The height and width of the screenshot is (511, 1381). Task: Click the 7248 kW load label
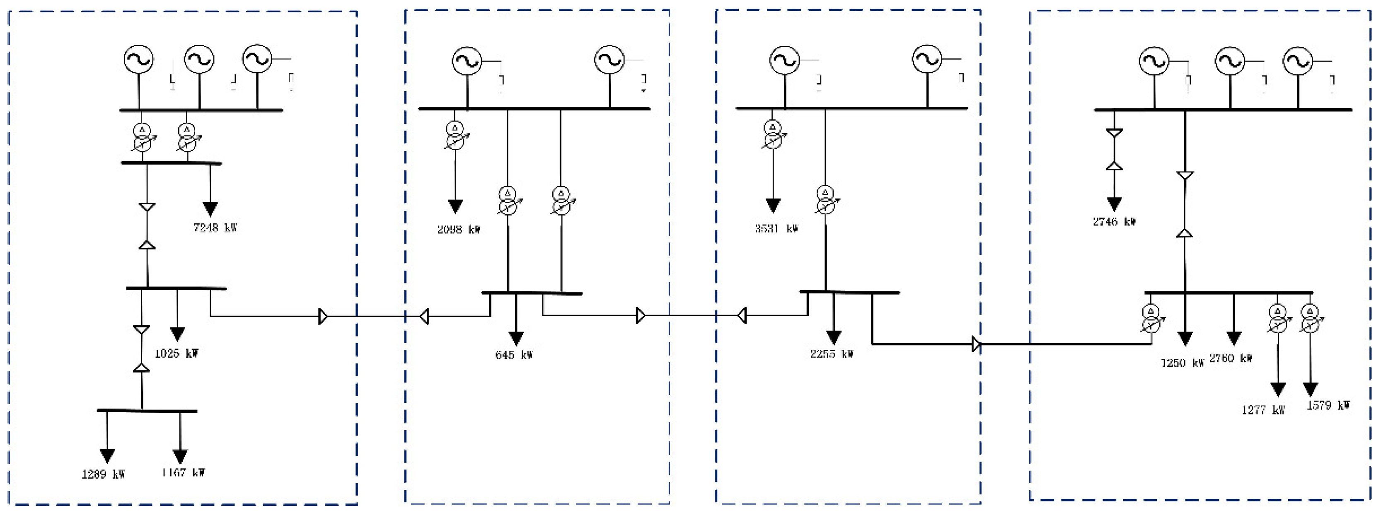[215, 228]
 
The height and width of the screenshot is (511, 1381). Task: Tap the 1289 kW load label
[103, 475]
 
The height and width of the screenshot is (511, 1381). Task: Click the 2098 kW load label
[458, 230]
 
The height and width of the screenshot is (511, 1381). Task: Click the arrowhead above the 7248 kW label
[210, 208]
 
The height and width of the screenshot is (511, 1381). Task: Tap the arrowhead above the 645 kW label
[516, 338]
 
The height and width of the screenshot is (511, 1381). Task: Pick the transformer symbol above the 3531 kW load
[772, 135]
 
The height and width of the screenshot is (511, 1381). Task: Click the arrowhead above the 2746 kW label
[1115, 204]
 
